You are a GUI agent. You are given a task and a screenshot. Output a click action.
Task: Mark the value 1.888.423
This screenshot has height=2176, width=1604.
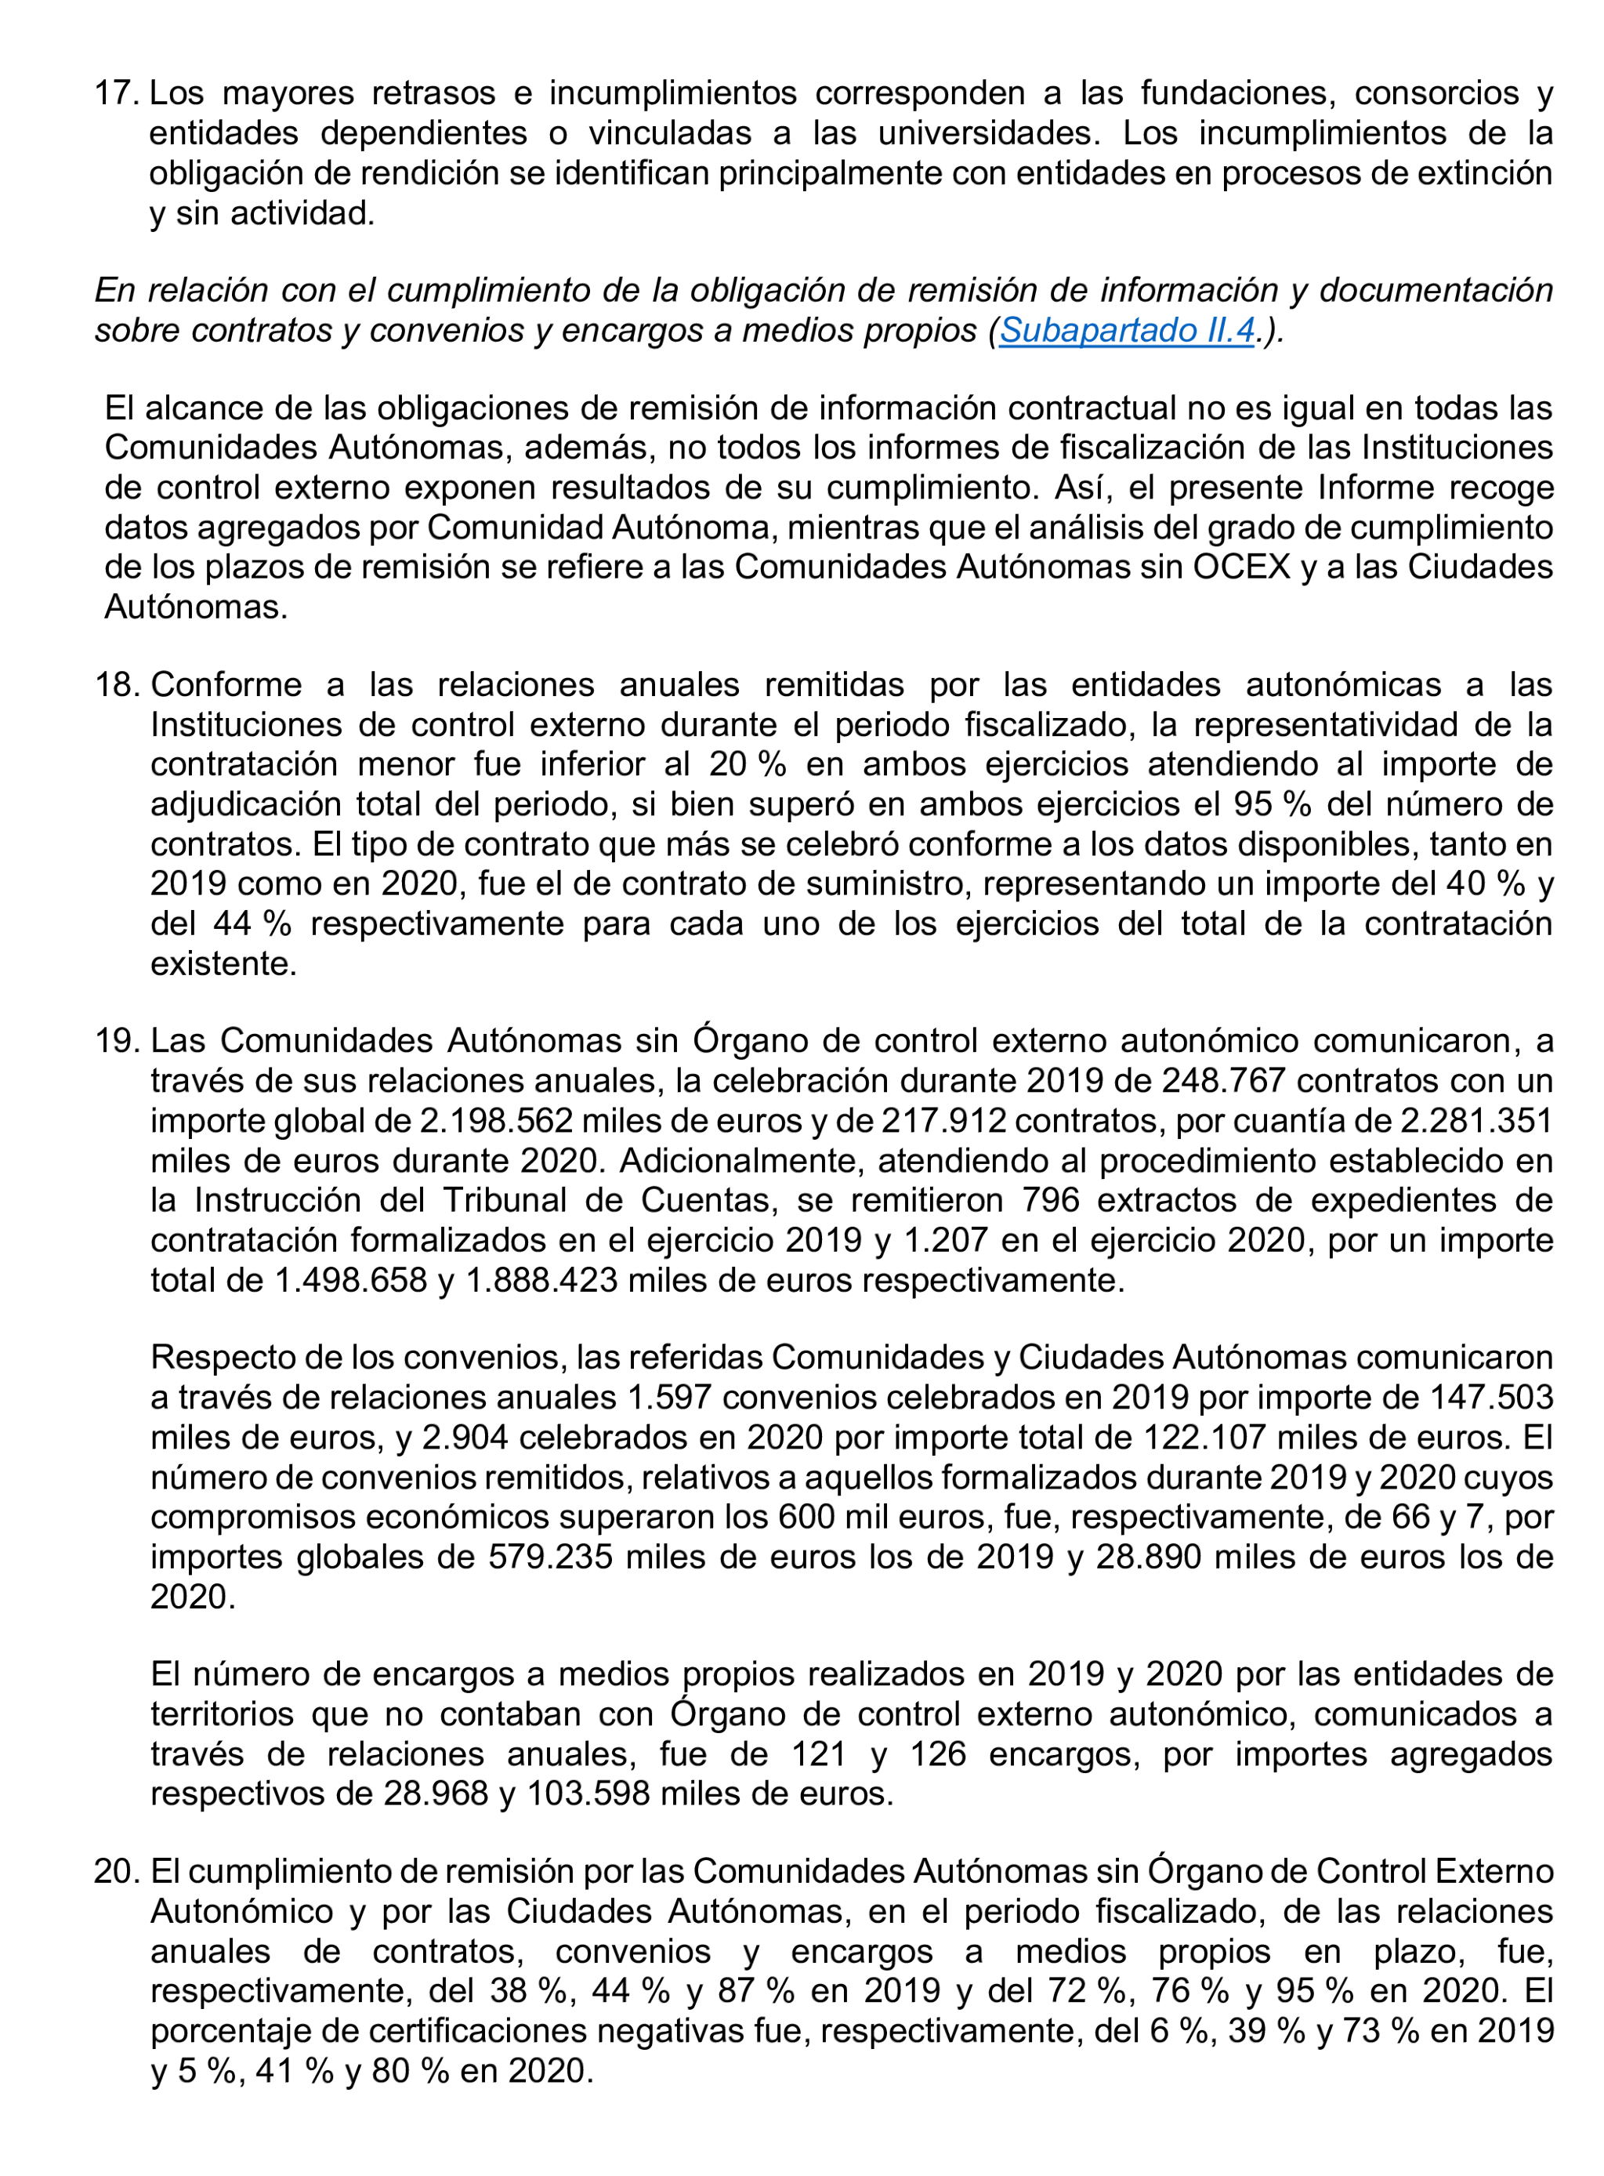pyautogui.click(x=541, y=1280)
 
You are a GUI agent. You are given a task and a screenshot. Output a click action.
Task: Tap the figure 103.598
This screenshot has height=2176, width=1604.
pyautogui.click(x=588, y=1793)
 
